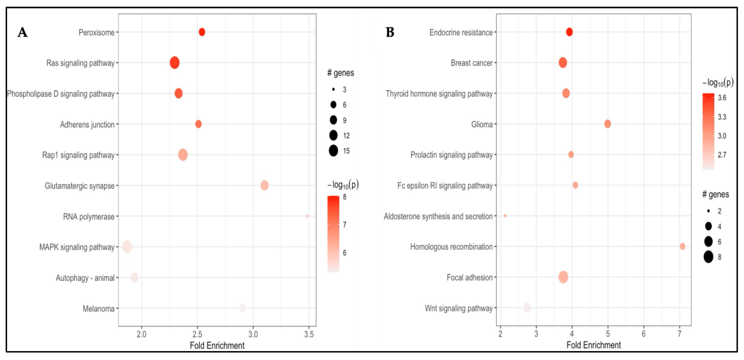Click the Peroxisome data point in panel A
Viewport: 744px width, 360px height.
click(x=202, y=32)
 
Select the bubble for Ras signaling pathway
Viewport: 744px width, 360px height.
click(x=175, y=63)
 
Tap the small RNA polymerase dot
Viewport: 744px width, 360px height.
click(x=307, y=216)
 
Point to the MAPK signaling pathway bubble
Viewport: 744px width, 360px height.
click(x=127, y=247)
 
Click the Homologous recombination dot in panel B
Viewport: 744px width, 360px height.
click(x=682, y=246)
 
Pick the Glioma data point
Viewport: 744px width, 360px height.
click(x=607, y=124)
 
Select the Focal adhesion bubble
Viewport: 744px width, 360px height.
click(x=563, y=277)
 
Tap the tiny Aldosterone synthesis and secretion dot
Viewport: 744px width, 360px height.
click(x=505, y=216)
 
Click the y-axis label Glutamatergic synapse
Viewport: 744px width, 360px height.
click(x=79, y=186)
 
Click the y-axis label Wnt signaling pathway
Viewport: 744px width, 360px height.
click(x=458, y=308)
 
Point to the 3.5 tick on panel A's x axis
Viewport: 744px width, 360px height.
click(x=309, y=335)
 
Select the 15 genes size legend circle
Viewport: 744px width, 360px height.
click(x=333, y=151)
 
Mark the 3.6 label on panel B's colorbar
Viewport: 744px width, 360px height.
click(x=722, y=98)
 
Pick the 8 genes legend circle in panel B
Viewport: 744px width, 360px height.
click(x=708, y=257)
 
